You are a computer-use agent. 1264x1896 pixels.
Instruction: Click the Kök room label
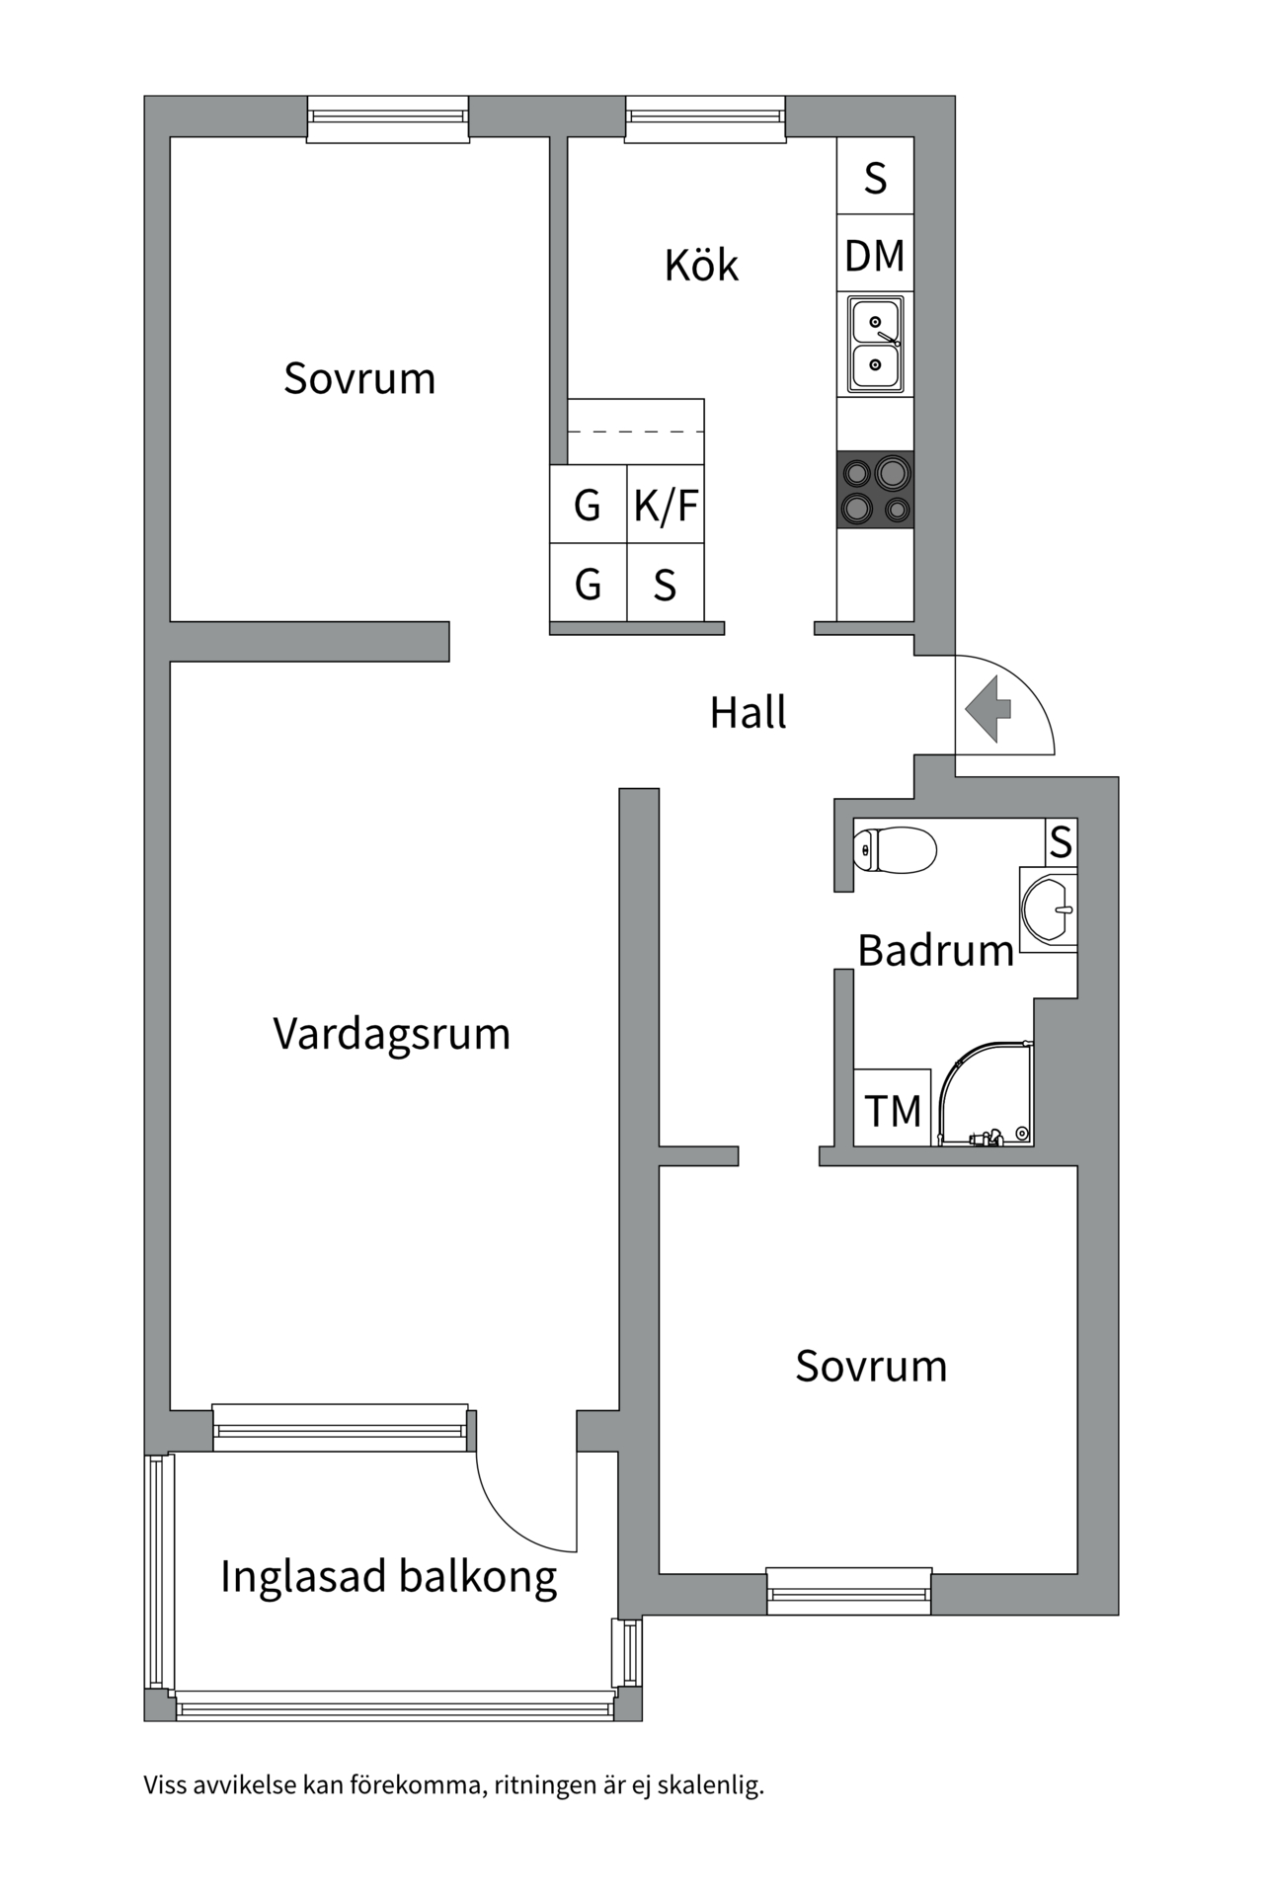click(701, 265)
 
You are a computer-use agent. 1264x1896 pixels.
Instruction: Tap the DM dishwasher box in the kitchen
click(875, 255)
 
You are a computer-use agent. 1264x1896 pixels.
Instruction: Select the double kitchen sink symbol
click(875, 344)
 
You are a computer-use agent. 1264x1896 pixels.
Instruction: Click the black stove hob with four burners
click(875, 490)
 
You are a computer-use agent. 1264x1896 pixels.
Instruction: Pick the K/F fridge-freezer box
click(666, 505)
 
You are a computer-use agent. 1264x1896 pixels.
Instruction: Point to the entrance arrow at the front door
click(987, 708)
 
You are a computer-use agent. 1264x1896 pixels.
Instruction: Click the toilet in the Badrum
click(895, 849)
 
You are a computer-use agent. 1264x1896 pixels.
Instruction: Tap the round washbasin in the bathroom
click(1049, 908)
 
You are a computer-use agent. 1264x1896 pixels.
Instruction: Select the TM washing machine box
click(893, 1110)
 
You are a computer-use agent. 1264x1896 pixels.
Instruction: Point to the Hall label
click(748, 712)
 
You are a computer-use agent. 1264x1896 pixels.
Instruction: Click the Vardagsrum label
click(391, 1034)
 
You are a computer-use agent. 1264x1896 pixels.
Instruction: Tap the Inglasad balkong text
click(388, 1576)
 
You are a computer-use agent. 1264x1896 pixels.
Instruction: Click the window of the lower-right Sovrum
click(849, 1593)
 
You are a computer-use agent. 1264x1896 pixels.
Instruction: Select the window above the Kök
click(705, 118)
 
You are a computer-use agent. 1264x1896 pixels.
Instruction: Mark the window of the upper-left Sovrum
click(387, 118)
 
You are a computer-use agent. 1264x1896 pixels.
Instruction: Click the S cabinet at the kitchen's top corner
click(875, 178)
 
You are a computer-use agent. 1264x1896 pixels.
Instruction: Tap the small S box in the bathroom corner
click(1061, 842)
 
